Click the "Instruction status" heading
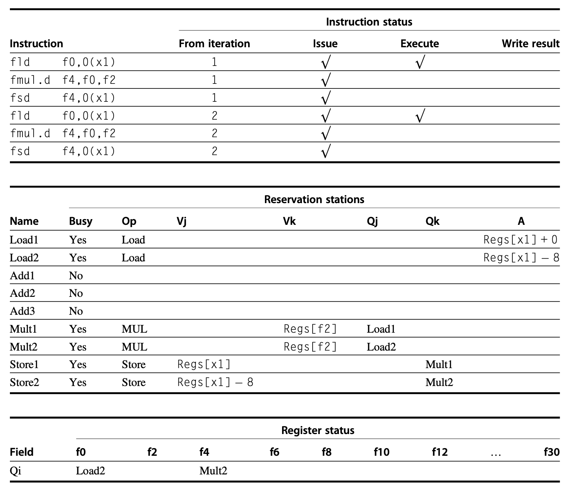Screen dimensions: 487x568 click(x=369, y=22)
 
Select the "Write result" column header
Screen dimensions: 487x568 click(x=530, y=44)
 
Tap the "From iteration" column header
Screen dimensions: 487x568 click(x=214, y=44)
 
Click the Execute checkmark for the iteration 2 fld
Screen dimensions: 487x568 click(x=419, y=116)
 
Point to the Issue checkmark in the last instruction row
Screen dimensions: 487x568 click(x=325, y=151)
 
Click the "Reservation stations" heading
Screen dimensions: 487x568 click(x=314, y=200)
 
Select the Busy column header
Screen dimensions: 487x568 click(x=80, y=221)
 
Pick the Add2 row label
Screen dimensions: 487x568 click(x=22, y=293)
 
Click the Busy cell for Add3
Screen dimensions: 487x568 click(x=76, y=311)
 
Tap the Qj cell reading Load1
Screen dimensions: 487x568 click(x=381, y=329)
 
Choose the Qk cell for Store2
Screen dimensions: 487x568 click(x=439, y=383)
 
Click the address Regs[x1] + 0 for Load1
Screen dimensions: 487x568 click(x=520, y=240)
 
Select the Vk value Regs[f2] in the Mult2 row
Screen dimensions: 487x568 click(x=310, y=347)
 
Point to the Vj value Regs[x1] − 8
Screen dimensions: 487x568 click(x=215, y=383)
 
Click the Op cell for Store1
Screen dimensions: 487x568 click(x=133, y=365)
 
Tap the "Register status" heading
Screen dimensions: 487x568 click(x=318, y=431)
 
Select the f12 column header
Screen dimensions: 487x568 click(x=439, y=452)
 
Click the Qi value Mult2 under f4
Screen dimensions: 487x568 click(x=213, y=471)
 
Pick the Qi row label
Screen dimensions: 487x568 click(x=16, y=471)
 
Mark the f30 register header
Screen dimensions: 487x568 click(x=551, y=452)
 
